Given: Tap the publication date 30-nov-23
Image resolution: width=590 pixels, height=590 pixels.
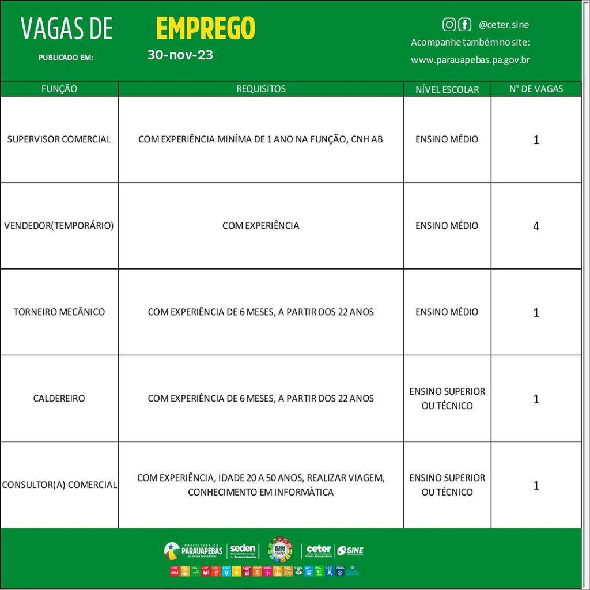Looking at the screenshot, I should pos(180,55).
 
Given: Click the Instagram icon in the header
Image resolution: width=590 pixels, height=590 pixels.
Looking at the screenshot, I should pos(449,24).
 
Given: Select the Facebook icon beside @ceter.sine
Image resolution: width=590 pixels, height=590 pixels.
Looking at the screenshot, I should pos(464,24).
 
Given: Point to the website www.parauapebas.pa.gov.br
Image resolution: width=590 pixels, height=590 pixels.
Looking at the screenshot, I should pos(470,59).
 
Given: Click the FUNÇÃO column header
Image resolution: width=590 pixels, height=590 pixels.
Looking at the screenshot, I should pos(59,89).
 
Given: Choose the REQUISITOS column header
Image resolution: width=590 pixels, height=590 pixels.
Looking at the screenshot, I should pos(261,89).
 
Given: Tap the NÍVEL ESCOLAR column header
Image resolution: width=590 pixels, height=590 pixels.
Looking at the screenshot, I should pos(447,89).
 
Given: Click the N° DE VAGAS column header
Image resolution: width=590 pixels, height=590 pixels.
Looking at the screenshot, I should pos(536,89).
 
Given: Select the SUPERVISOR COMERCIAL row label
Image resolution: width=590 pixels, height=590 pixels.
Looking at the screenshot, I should pos(59,139).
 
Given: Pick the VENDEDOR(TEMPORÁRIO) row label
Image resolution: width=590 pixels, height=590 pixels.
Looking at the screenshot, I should pos(59,225).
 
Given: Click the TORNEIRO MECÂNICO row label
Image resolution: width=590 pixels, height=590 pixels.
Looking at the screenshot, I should pos(59,312).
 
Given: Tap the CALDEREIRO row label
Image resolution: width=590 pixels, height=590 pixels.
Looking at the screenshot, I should pos(59,398).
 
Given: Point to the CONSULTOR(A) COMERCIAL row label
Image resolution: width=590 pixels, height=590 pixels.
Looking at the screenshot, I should pos(59,485).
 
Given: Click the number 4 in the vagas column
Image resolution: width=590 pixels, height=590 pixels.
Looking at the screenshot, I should pos(536,226).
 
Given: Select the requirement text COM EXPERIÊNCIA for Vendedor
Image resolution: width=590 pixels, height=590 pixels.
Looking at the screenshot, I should pos(261,225).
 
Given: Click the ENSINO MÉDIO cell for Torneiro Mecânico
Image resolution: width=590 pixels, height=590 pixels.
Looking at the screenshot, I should pos(447,312).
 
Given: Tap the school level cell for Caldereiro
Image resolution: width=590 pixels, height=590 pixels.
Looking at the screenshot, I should pos(447,398).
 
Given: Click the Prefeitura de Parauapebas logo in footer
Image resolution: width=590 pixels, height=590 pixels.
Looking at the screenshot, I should pos(194,550).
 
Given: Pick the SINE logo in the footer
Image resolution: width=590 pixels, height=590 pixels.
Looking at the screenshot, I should pos(350,550).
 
